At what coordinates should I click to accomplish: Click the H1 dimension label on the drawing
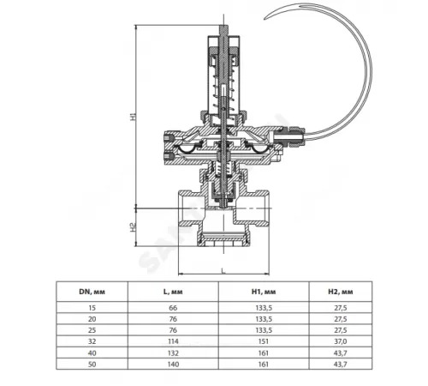(x=134, y=117)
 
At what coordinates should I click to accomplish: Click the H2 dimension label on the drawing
(x=134, y=227)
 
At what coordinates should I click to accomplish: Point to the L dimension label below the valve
(x=223, y=270)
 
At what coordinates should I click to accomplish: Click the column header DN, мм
(x=92, y=292)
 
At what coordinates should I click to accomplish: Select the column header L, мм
(x=173, y=292)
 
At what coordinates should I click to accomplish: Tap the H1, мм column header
(x=264, y=292)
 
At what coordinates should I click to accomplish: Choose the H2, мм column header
(x=341, y=292)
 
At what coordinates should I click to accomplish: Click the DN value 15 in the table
(x=92, y=308)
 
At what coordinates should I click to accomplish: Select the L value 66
(x=173, y=308)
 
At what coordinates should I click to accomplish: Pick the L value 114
(x=173, y=341)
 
